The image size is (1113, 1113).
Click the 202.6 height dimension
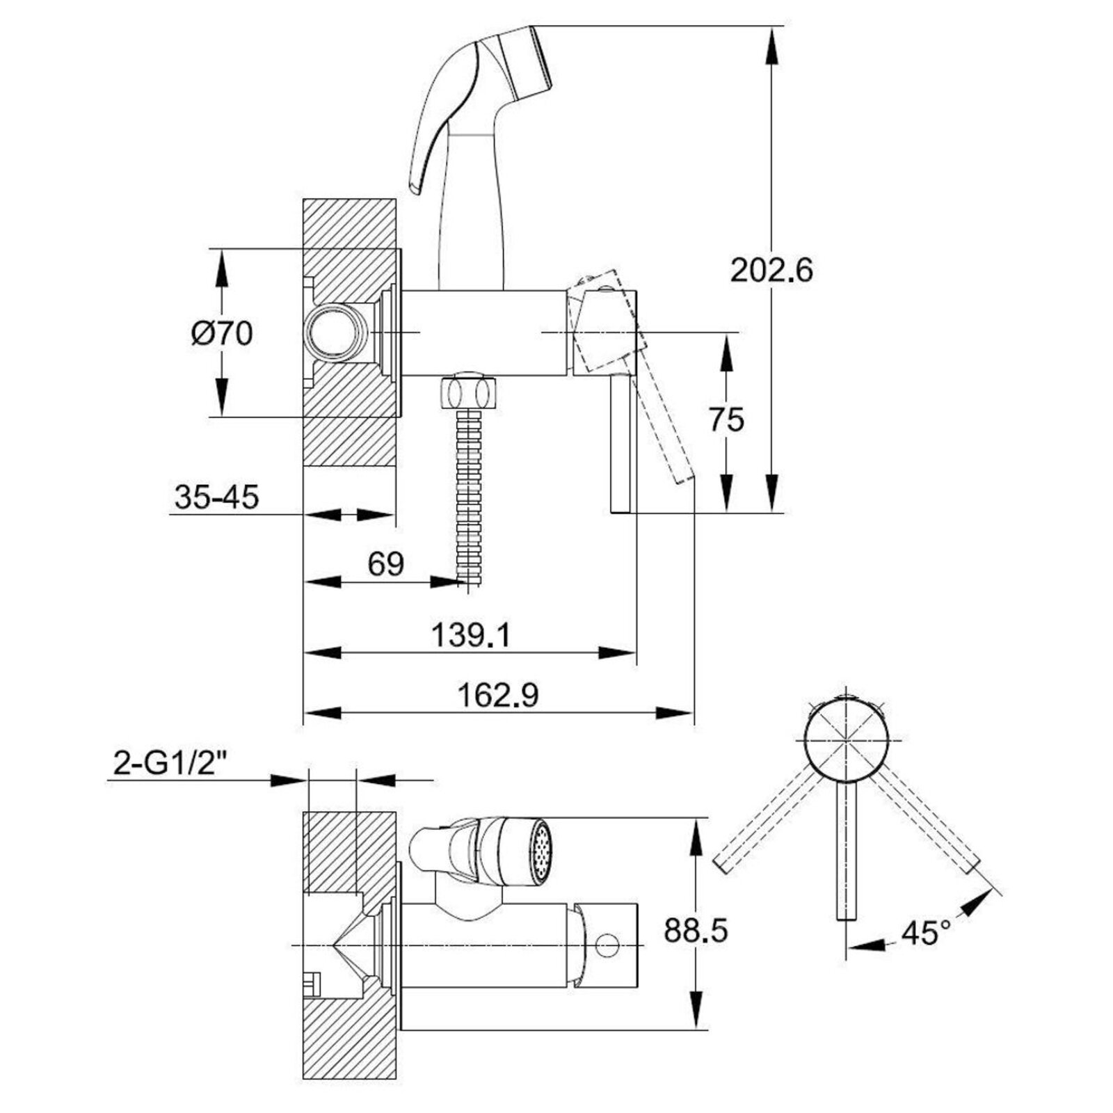tap(771, 270)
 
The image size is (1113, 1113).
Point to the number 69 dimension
tap(386, 563)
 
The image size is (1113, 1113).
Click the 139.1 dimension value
tap(471, 634)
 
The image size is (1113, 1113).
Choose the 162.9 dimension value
tap(499, 695)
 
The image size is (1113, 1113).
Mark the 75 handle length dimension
tap(727, 419)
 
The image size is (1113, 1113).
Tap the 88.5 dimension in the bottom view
tap(696, 930)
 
